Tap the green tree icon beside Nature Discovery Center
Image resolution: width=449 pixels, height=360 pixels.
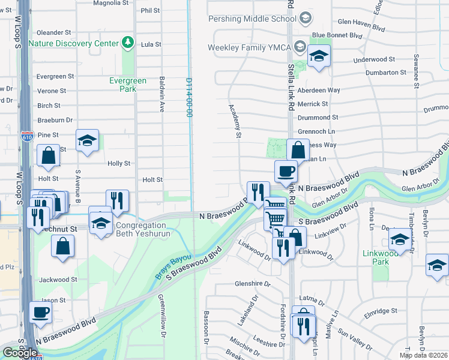coord(127,43)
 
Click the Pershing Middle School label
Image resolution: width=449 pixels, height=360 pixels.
coord(252,19)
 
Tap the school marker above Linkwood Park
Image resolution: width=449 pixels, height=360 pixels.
coord(400,239)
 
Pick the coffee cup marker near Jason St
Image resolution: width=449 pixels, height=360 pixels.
coord(41,312)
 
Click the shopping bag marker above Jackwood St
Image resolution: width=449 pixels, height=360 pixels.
coord(63,246)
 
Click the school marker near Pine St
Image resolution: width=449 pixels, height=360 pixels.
coord(88,141)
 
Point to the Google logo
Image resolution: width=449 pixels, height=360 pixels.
coord(20,353)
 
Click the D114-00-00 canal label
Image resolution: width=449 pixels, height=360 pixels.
coord(188,97)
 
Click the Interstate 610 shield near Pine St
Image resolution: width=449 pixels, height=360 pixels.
coord(27,136)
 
